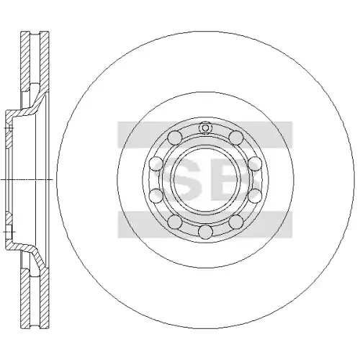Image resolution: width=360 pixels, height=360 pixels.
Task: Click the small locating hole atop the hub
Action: pos(205,127)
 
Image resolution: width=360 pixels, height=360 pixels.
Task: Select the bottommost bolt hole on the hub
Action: pos(206,233)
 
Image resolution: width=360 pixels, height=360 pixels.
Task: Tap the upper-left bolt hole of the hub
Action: pos(175,138)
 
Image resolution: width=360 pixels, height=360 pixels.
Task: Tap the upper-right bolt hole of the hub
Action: pos(236,138)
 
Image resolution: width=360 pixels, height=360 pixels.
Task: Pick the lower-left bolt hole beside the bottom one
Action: pos(175,222)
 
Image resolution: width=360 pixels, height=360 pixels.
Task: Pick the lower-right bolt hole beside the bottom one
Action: pos(236,222)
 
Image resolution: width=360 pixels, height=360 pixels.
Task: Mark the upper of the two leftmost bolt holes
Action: pos(156,164)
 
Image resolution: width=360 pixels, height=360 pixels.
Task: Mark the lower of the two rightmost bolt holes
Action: pos(255,195)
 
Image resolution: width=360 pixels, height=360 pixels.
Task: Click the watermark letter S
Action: pos(178,179)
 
